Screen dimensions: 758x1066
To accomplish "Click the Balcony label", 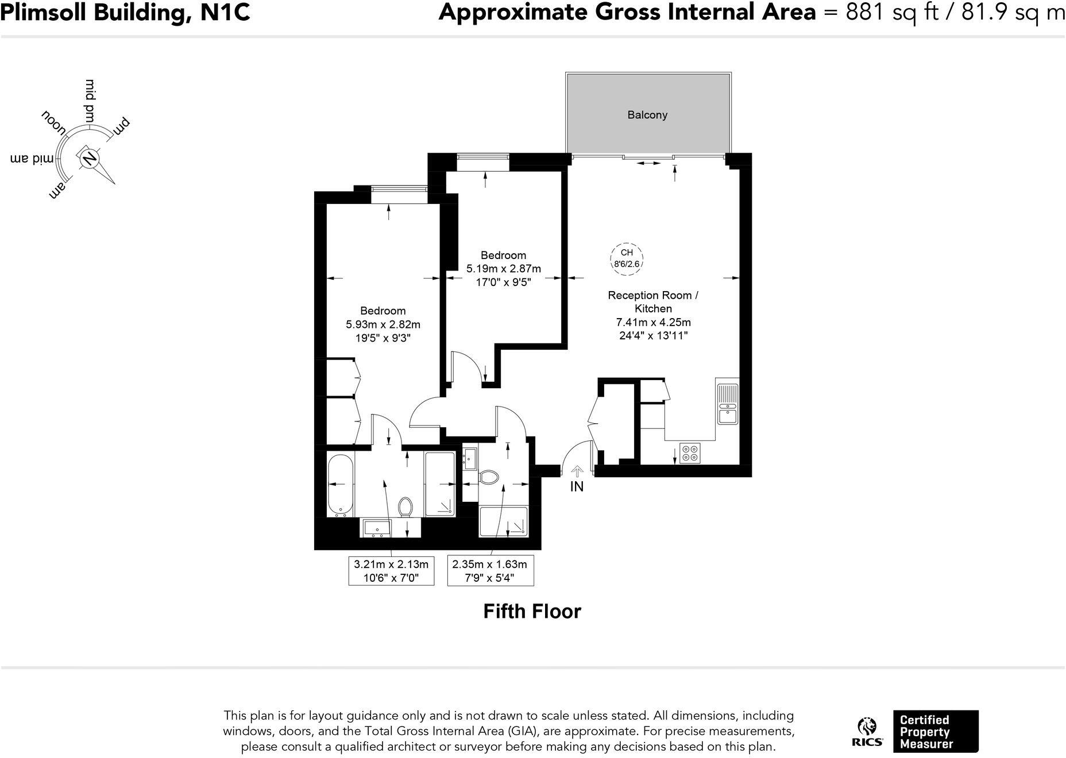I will tap(647, 115).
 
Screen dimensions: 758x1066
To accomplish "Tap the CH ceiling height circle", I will tap(627, 258).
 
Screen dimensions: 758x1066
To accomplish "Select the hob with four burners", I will tap(690, 453).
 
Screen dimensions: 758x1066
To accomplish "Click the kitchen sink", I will tap(727, 401).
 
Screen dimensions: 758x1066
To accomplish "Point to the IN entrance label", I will tap(577, 487).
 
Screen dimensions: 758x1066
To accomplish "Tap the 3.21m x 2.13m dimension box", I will tap(391, 571).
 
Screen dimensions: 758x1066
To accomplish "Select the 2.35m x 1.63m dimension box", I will tap(490, 571).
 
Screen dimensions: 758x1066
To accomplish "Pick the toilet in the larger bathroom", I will tap(405, 506).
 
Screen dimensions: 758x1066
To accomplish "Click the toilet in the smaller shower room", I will tap(489, 477).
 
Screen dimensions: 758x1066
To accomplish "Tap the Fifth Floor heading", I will tap(532, 612).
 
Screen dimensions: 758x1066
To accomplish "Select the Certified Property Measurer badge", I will tap(935, 732).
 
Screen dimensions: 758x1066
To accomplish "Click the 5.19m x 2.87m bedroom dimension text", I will tap(503, 269).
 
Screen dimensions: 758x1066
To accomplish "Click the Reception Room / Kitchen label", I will tap(653, 301).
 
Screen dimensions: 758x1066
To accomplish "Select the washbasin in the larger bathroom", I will tap(376, 527).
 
